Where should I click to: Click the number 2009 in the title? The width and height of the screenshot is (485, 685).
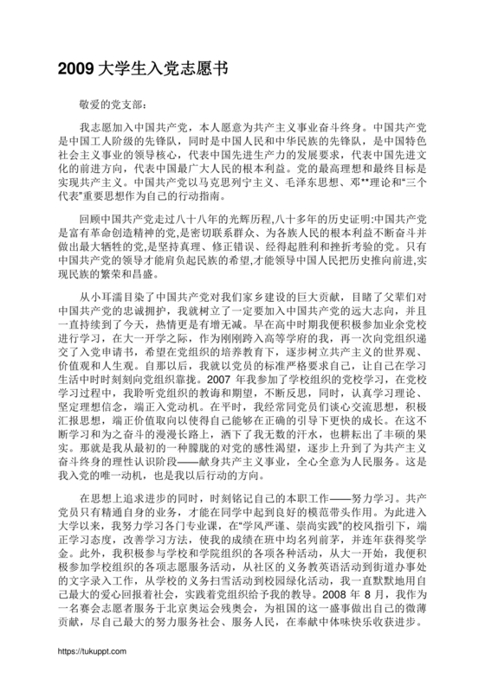[x=75, y=67]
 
